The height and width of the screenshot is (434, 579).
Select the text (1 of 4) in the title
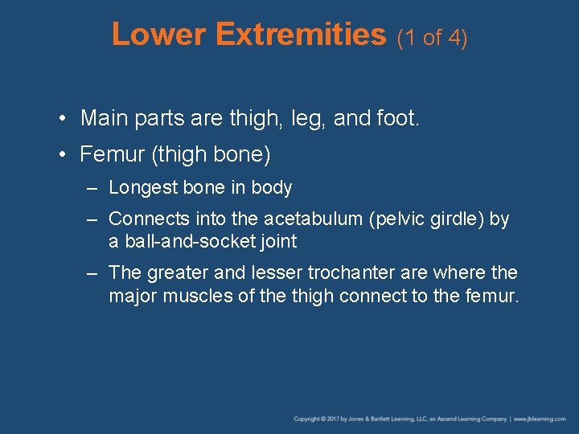(x=432, y=37)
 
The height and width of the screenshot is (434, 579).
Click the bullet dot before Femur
(x=63, y=154)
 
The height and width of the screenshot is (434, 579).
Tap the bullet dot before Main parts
(x=63, y=120)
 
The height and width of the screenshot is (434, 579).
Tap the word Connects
(x=145, y=219)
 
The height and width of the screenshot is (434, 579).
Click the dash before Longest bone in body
(x=93, y=188)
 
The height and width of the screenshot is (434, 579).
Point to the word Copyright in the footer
(x=306, y=419)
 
